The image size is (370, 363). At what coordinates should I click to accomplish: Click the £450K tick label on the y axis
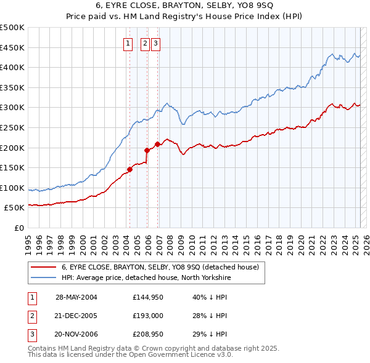click(12, 47)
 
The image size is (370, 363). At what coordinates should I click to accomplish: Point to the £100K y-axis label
click(12, 188)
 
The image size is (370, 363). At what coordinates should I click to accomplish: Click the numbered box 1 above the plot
click(128, 43)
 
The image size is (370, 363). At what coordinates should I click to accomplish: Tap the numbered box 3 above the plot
click(155, 43)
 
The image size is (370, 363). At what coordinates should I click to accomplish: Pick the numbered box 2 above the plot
click(145, 43)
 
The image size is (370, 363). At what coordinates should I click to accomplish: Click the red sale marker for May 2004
click(130, 169)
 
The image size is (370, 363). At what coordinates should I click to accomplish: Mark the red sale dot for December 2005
click(147, 150)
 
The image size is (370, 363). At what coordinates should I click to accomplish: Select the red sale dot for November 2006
click(157, 144)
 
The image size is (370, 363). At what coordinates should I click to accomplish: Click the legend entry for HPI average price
click(146, 277)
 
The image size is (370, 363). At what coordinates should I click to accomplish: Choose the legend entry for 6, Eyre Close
click(163, 267)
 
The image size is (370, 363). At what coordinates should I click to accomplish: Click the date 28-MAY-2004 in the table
click(76, 297)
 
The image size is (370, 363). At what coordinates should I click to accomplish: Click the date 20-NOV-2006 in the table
click(76, 335)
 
